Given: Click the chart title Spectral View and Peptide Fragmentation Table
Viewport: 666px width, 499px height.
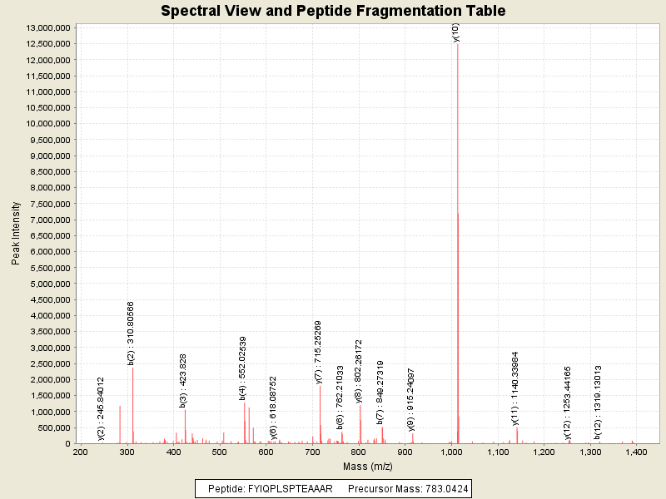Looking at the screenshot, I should pos(333,11).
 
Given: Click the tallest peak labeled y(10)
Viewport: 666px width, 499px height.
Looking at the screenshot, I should pos(457,166).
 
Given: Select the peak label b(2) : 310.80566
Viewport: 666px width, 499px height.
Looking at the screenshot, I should pos(132,333).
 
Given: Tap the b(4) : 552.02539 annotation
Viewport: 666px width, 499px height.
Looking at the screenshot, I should pos(243,371).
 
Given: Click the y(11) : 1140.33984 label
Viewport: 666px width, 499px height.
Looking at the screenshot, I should pos(515,388).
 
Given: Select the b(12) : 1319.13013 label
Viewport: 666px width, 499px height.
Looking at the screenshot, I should pos(598,402).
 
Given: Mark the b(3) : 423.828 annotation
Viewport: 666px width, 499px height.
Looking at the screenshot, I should pos(183,380).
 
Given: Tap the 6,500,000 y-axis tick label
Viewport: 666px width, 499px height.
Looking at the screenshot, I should pos(47,235).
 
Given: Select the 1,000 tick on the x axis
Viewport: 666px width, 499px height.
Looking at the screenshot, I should pos(452,452).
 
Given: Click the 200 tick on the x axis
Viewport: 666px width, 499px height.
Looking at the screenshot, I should pos(80,452).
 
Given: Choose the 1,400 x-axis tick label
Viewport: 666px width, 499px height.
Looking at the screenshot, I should pos(637,452).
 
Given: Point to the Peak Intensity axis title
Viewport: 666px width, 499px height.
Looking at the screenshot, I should pos(16,236).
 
